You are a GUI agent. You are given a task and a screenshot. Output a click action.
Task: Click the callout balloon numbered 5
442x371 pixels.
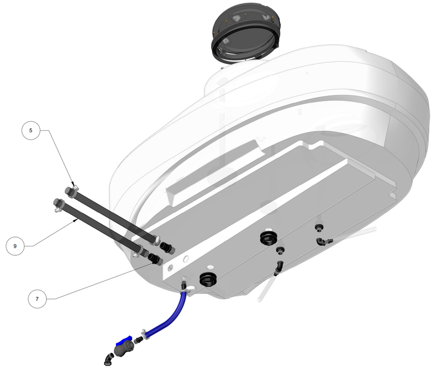click(31, 131)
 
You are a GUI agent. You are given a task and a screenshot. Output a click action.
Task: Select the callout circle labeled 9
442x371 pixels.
click(15, 245)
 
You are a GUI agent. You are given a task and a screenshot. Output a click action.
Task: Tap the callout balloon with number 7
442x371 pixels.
click(37, 298)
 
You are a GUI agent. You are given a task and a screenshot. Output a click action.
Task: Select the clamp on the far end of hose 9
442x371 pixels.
click(57, 206)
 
